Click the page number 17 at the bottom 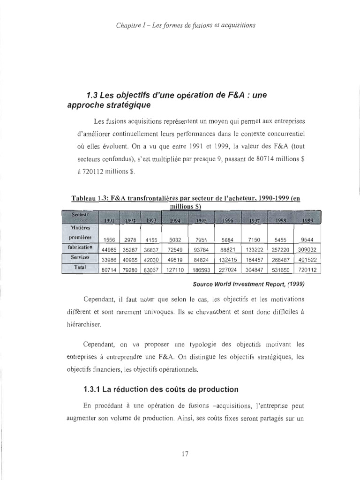184,453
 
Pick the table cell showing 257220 280,250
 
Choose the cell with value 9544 307,240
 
